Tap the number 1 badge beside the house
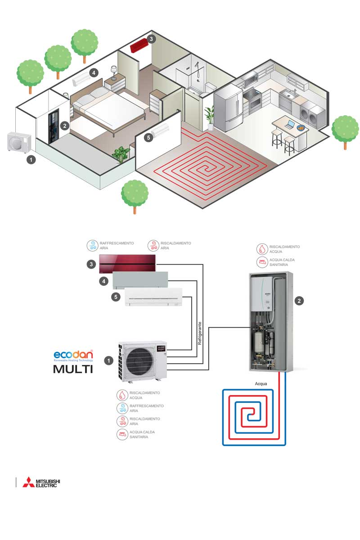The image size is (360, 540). pos(31,159)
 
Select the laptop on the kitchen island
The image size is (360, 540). pos(290,125)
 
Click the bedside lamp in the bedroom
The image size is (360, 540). pos(114,72)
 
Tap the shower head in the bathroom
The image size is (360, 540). pos(196,65)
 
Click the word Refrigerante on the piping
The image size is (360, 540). pos(200,333)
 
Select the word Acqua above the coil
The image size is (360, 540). pos(261,384)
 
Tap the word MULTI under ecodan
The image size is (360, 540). pos(73,369)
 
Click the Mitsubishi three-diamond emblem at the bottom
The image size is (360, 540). pos(28,481)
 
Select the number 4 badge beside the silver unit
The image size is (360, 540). pos(104,281)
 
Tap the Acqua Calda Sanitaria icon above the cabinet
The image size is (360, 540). pos(262,262)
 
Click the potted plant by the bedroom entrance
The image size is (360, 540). pos(121,154)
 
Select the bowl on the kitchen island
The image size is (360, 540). pos(300,127)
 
